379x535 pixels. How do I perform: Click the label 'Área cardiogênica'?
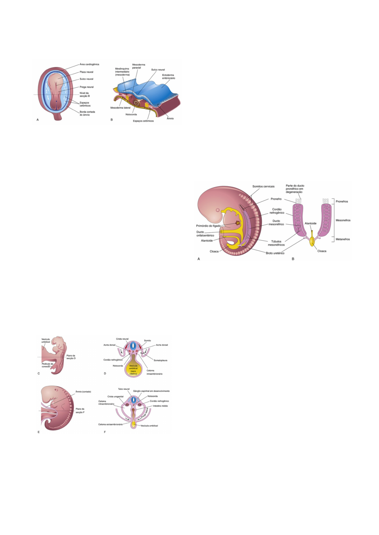coord(89,64)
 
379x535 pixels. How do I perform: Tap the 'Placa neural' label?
coord(86,72)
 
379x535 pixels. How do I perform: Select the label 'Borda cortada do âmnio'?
coord(87,113)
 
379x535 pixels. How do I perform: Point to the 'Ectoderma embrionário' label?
coord(168,77)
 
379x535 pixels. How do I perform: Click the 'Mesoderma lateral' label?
coord(120,108)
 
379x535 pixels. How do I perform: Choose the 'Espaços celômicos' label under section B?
coord(143,121)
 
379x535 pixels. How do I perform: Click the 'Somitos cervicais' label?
coord(263,186)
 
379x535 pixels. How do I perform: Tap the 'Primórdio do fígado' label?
coord(208,226)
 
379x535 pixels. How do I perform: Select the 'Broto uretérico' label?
coord(275,253)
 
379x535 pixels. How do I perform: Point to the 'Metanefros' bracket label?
coord(342,239)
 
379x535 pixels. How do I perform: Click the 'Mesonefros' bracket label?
coord(343,220)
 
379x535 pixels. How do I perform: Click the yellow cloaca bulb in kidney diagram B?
coord(312,242)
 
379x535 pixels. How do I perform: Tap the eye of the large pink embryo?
coord(218,210)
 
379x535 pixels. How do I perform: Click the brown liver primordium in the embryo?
coord(237,223)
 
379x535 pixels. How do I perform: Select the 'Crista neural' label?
coord(122,339)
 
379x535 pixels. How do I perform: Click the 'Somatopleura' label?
coord(160,361)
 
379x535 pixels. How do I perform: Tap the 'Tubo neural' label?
coord(124,389)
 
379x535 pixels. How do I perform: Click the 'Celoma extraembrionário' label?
coord(110,424)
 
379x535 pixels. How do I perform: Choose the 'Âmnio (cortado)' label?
coord(83,392)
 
